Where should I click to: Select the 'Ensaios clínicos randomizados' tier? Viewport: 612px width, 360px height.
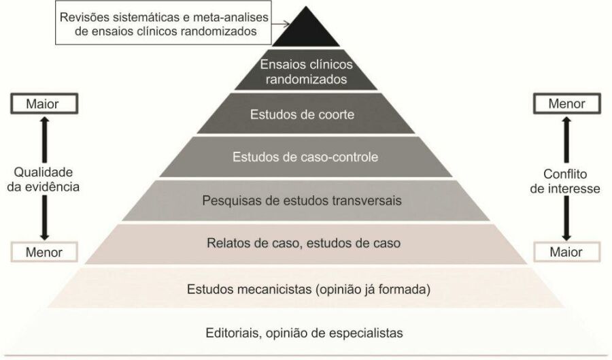click(305, 72)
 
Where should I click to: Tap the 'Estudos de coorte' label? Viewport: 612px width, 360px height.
click(305, 114)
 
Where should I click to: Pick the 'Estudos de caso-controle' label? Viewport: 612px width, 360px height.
click(305, 157)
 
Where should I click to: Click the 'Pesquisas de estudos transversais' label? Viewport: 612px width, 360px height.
click(305, 201)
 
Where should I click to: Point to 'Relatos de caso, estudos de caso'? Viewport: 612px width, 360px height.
click(305, 244)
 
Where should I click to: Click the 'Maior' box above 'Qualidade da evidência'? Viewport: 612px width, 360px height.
click(43, 104)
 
